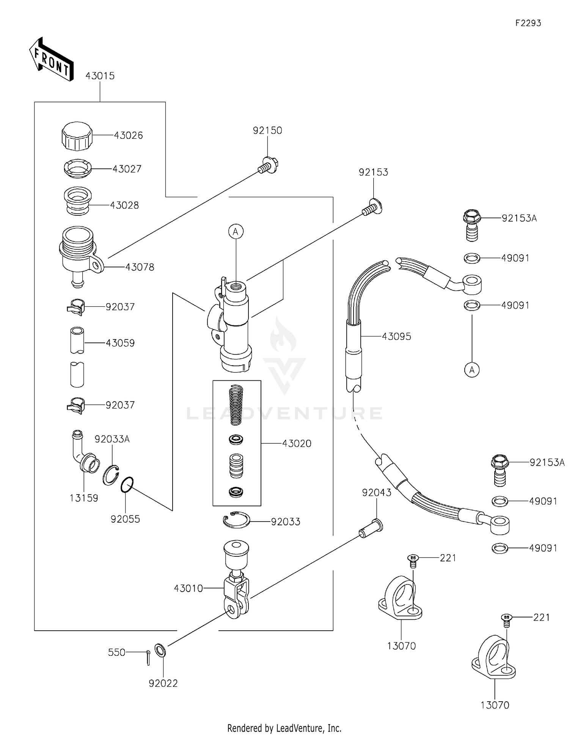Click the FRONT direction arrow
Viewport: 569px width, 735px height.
pyautogui.click(x=51, y=60)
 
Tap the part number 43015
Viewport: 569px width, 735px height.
pyautogui.click(x=100, y=76)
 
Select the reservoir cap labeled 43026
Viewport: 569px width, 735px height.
pyautogui.click(x=77, y=136)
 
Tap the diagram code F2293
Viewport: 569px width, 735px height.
pyautogui.click(x=528, y=23)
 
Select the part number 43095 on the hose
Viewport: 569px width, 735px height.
pyautogui.click(x=396, y=336)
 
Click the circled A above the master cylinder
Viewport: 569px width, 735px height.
pyautogui.click(x=236, y=231)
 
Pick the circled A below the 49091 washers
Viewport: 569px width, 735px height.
pyautogui.click(x=472, y=369)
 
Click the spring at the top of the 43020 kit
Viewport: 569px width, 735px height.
pyautogui.click(x=236, y=404)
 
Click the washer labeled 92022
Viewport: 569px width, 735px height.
pyautogui.click(x=160, y=650)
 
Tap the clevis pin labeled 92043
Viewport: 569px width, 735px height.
pyautogui.click(x=371, y=529)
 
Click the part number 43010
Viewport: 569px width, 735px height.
pyautogui.click(x=188, y=588)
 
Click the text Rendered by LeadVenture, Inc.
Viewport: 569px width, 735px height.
pyautogui.click(x=284, y=728)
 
